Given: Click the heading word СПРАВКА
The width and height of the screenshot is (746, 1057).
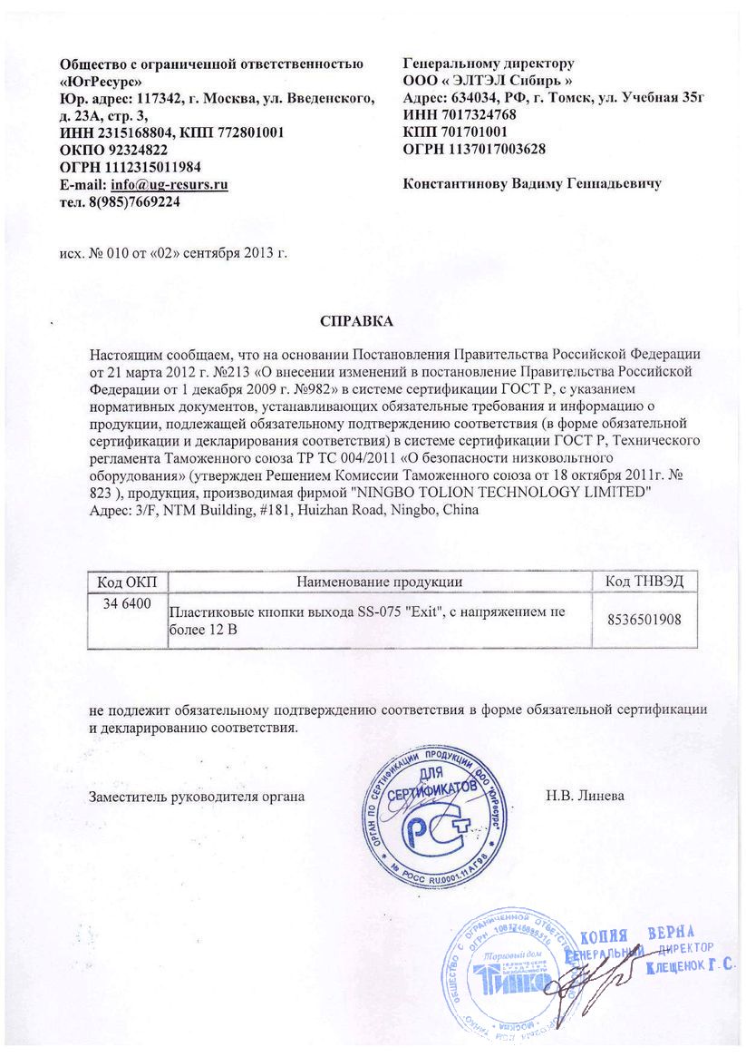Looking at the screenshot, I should tap(358, 321).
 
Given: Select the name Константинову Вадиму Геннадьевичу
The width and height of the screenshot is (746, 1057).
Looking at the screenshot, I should tap(531, 183).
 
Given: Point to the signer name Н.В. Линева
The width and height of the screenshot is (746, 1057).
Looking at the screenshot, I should tap(585, 797).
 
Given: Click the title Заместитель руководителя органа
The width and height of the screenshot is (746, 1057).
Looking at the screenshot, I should tap(196, 797).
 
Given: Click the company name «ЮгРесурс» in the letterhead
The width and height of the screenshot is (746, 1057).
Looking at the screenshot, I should tap(108, 81).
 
